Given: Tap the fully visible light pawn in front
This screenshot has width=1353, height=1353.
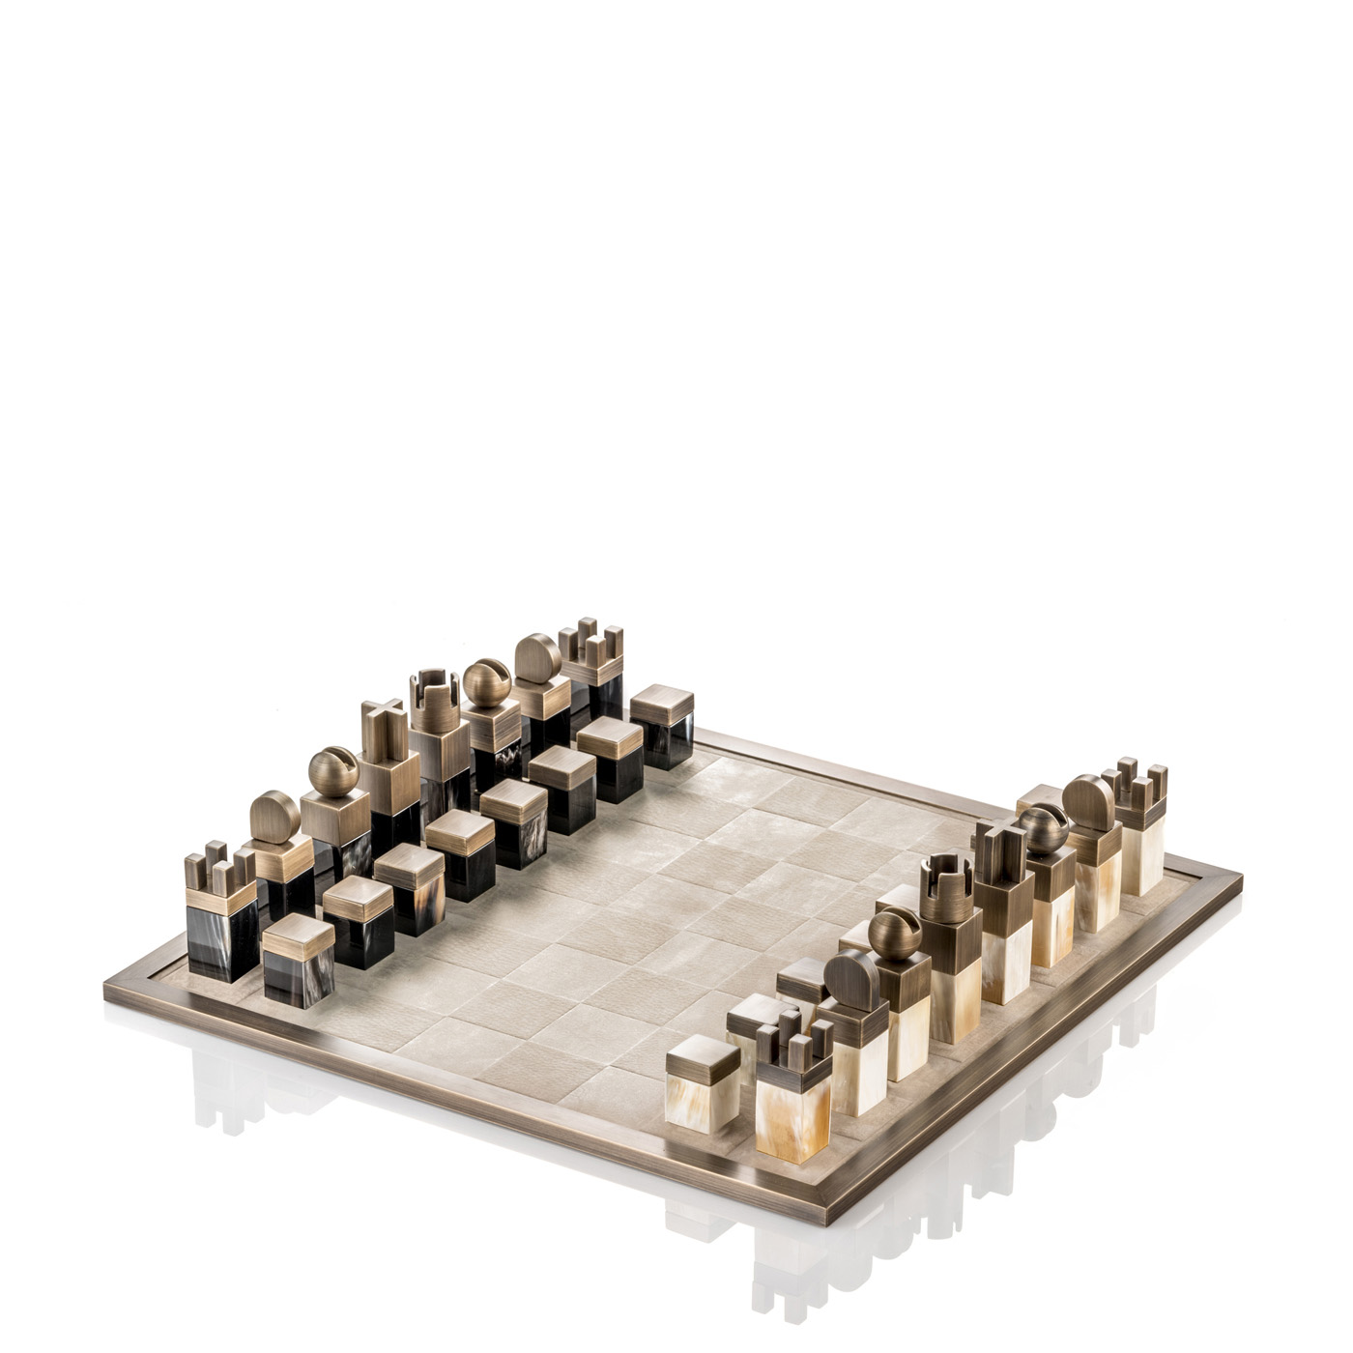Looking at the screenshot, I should coord(704,1063).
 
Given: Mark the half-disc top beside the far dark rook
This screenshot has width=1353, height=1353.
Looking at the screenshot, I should coord(536,659).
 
